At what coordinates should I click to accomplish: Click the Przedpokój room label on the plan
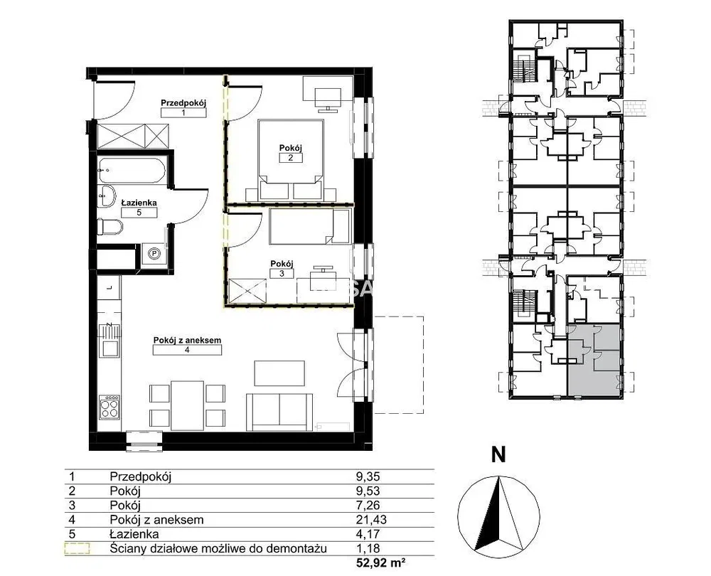(183, 103)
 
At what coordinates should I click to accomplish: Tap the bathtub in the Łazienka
(132, 171)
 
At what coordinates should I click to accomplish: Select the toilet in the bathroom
(109, 226)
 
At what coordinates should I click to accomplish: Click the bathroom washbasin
(107, 196)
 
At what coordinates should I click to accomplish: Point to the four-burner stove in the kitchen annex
(109, 407)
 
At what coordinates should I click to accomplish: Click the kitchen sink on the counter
(109, 348)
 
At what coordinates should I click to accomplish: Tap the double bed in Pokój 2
(290, 160)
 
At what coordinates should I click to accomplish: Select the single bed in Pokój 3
(310, 226)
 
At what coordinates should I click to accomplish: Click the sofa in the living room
(279, 412)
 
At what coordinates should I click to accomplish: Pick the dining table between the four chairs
(187, 405)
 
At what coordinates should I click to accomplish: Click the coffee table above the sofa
(279, 373)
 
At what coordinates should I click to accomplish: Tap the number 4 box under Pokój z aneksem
(187, 350)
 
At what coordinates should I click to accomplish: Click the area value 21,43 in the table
(371, 520)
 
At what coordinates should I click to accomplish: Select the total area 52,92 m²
(380, 563)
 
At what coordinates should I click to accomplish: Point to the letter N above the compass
(498, 454)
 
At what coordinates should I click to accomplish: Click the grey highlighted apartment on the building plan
(594, 361)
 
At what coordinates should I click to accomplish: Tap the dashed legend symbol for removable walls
(77, 549)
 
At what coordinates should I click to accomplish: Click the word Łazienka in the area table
(134, 534)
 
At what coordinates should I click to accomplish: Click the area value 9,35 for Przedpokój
(368, 476)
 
